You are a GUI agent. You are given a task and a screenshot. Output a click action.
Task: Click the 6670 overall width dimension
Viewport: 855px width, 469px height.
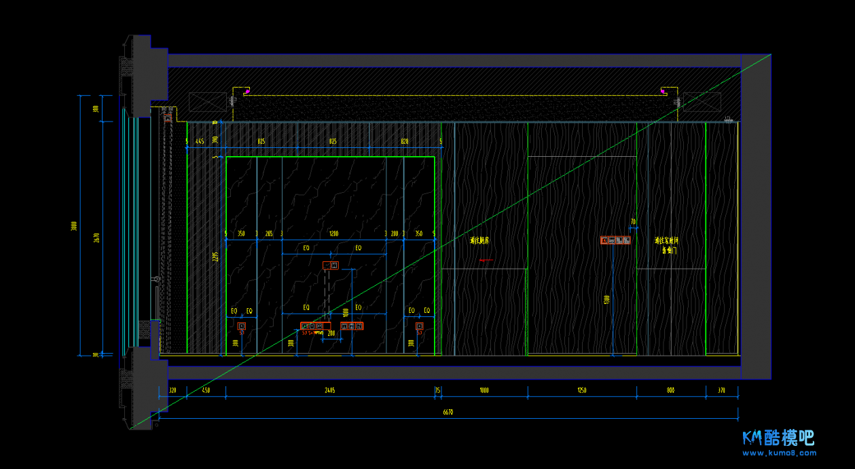pos(447,412)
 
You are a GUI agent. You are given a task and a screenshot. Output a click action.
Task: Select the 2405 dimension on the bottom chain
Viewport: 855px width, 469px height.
pos(330,390)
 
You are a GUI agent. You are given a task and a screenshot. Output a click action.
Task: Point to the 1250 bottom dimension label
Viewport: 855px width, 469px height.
pos(582,390)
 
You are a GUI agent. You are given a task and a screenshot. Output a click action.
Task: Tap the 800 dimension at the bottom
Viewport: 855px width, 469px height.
pos(671,390)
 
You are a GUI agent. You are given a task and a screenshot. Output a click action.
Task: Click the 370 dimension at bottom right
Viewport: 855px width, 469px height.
pos(721,390)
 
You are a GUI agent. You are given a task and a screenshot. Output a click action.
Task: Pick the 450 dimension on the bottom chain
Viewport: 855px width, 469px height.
pos(206,390)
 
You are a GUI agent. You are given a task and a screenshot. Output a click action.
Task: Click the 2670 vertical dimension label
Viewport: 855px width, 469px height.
pos(96,238)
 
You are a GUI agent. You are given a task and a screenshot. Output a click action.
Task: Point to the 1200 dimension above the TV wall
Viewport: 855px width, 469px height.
pos(333,233)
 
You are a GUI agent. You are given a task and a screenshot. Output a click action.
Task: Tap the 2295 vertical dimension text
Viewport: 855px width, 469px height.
pos(215,257)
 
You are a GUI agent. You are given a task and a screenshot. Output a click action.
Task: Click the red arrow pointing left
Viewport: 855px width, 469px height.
pos(486,260)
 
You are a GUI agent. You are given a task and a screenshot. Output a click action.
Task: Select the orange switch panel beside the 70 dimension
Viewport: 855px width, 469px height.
pos(615,240)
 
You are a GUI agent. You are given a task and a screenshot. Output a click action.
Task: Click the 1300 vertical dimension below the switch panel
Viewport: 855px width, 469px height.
pos(606,299)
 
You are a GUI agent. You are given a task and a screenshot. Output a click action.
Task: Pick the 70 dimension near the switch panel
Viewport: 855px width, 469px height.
pos(633,222)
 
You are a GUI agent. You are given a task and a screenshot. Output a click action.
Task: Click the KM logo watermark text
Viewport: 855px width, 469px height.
pos(778,438)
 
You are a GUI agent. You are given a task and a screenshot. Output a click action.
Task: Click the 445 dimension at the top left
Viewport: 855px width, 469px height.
pos(200,141)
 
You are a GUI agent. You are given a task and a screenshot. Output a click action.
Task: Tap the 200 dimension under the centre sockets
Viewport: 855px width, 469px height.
pos(331,334)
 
